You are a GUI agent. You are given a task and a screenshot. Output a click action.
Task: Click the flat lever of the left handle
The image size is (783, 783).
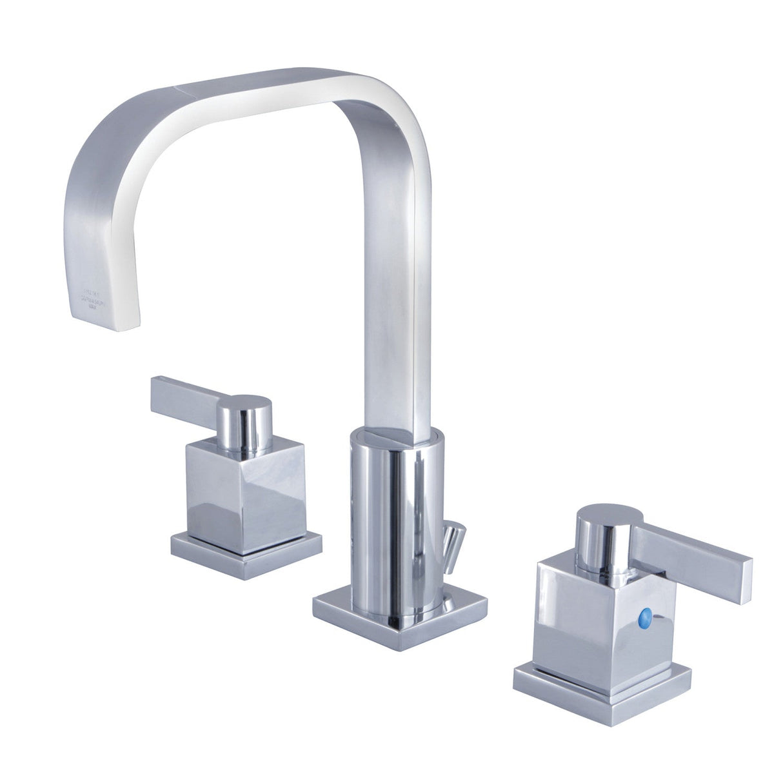tap(186, 394)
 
